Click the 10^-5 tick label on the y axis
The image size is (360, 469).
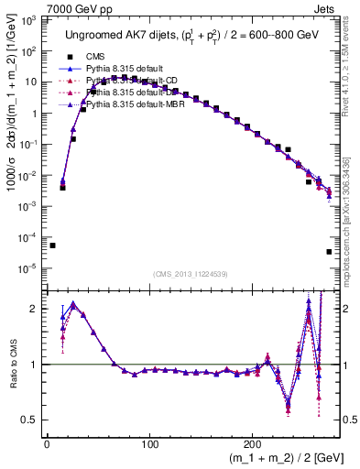(29, 268)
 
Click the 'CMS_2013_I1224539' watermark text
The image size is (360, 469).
(191, 276)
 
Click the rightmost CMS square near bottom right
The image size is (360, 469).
(329, 252)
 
